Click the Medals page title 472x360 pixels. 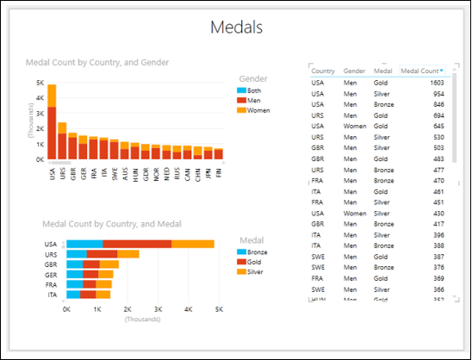[236, 28]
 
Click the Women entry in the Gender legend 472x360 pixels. [259, 109]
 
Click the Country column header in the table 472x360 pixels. [323, 71]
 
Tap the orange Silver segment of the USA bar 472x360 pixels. [192, 245]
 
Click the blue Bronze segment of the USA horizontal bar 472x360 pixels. [84, 245]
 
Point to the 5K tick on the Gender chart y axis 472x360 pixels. [39, 83]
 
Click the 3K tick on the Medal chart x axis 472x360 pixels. [158, 308]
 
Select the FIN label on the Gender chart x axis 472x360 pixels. [219, 172]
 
